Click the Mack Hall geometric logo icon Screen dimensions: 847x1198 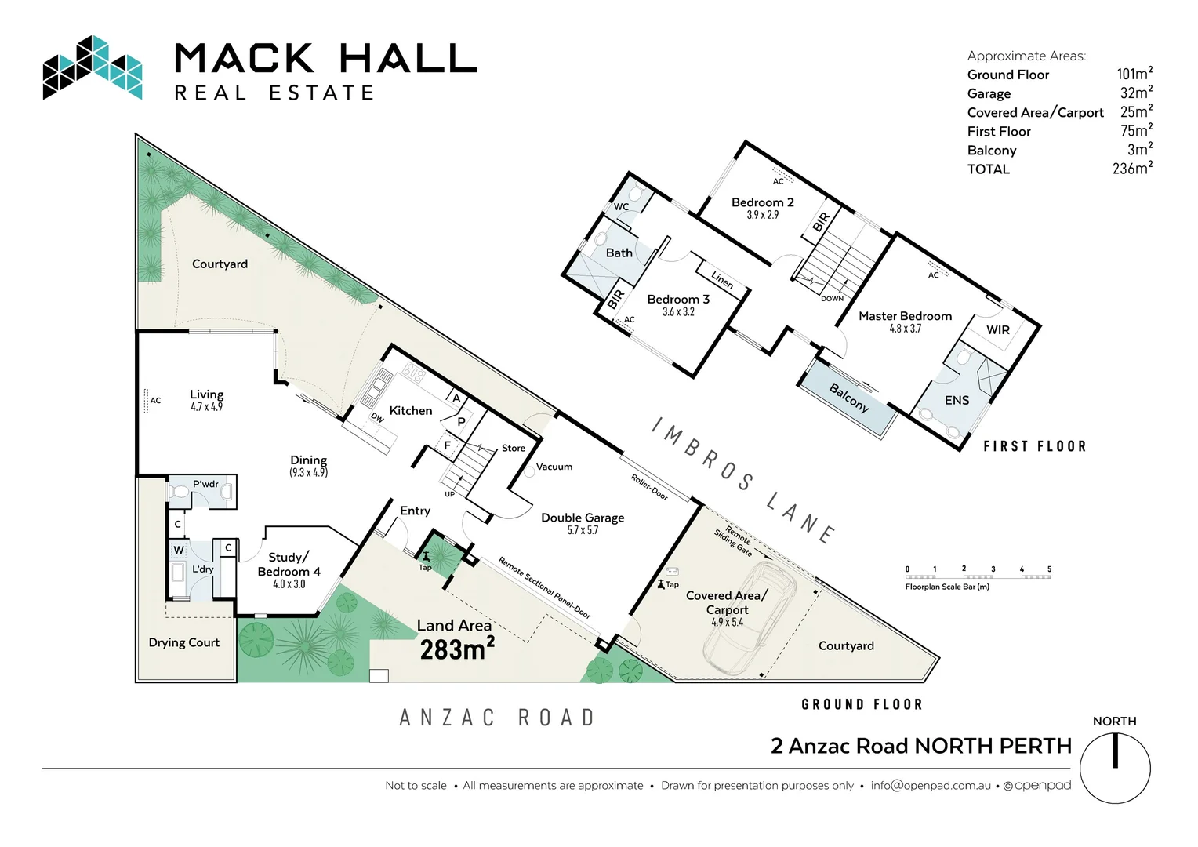coord(93,68)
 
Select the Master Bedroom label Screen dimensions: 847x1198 coord(905,316)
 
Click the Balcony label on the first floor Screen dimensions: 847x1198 coord(849,398)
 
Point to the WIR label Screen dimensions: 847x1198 coord(997,330)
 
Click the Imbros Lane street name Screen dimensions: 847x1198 coord(743,480)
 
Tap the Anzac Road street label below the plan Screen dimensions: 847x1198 coord(497,718)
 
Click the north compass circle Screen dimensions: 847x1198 coord(1114,769)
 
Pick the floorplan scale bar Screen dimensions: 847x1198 coord(978,576)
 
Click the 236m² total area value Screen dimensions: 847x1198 coord(1131,169)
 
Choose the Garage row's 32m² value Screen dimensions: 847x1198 coord(1135,93)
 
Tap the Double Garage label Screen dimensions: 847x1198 coord(583,518)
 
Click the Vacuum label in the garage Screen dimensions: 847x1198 coord(554,467)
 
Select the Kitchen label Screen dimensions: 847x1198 coord(411,410)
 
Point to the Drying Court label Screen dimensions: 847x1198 coord(184,642)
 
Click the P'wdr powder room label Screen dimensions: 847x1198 coord(205,484)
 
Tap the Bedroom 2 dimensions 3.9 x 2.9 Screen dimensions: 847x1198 coord(762,215)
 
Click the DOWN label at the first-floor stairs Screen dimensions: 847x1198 coord(832,299)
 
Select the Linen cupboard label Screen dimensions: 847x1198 coord(722,280)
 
